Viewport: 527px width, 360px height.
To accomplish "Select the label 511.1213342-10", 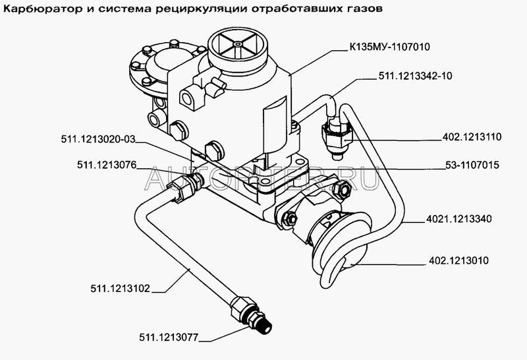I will [x=416, y=76].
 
